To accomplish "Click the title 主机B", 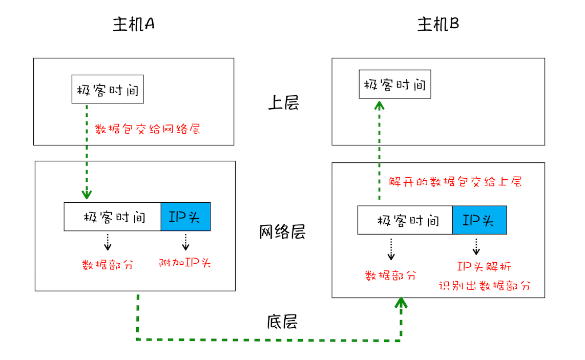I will (x=438, y=25).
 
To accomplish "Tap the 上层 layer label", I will (x=283, y=103).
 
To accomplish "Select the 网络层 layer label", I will (x=282, y=232).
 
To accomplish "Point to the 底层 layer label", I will (x=282, y=322).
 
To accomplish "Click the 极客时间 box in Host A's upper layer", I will (x=108, y=90).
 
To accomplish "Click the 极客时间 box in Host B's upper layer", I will (x=394, y=84).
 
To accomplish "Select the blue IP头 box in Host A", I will (x=185, y=217).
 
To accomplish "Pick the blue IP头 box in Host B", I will (x=479, y=220).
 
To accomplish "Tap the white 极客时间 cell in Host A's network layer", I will (x=113, y=217).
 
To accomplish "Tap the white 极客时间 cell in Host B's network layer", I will (x=405, y=220).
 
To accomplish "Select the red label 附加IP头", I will (x=185, y=263).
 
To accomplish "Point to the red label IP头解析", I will (x=484, y=267).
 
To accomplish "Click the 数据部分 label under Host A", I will (x=108, y=265).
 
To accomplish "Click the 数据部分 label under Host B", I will (x=390, y=275).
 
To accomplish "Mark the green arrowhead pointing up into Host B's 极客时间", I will (x=379, y=105).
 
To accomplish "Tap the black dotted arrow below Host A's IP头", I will (x=185, y=242).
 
